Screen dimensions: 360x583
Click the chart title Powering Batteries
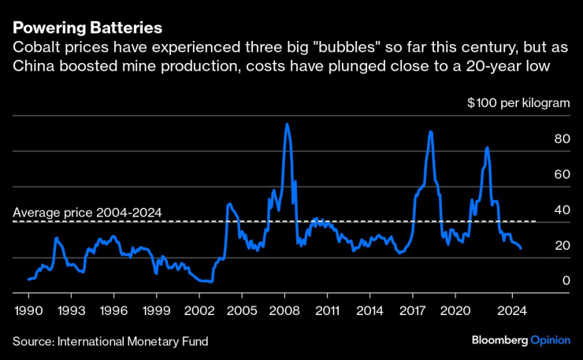tap(87, 28)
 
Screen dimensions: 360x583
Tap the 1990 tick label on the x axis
tap(28, 310)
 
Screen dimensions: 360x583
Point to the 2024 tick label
tap(513, 310)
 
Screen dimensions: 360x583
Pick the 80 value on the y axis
tap(561, 138)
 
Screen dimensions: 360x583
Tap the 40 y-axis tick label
tap(561, 210)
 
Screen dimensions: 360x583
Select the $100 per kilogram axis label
tap(518, 102)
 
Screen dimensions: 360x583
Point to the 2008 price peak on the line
tap(286, 124)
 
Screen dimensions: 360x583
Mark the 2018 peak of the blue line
tap(430, 132)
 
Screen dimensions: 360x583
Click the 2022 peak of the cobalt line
tap(487, 147)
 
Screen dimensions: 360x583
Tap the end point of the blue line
tap(521, 248)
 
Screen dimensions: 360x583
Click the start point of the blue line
tap(28, 279)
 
